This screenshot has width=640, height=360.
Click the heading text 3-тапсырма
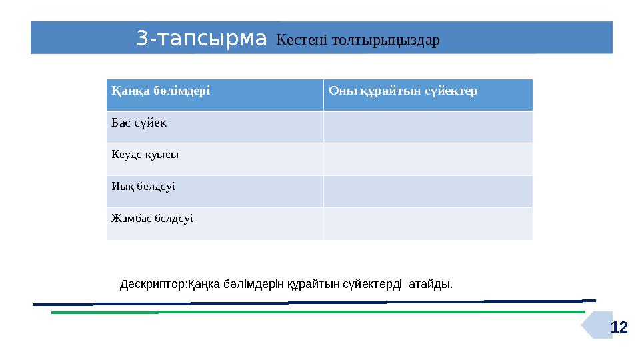tap(201, 39)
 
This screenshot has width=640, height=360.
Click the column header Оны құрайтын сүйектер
tap(403, 91)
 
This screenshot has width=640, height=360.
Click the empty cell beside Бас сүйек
tap(428, 127)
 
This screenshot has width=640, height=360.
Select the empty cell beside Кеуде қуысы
tap(428, 159)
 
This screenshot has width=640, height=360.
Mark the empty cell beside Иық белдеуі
tap(428, 191)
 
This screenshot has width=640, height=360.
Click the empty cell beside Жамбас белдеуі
tap(428, 223)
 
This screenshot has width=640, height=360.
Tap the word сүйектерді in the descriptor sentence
tap(372, 285)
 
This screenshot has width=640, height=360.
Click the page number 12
tap(619, 327)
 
